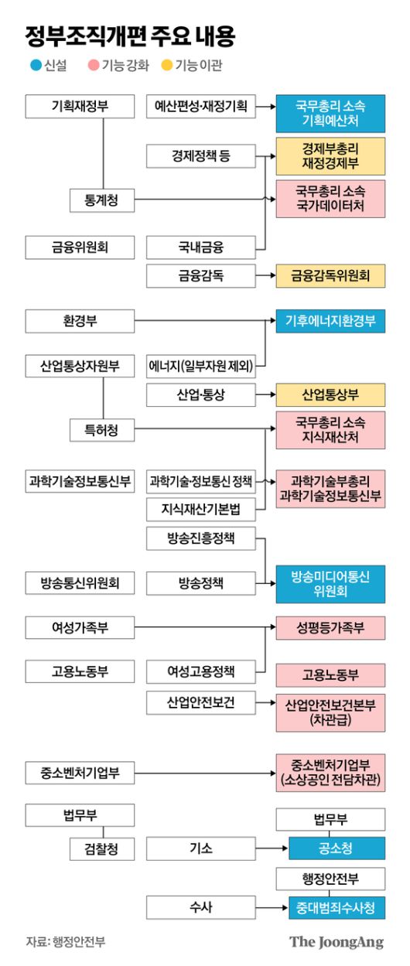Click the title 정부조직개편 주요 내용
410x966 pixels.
(130, 36)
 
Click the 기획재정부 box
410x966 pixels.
(80, 107)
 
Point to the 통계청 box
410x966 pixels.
(102, 200)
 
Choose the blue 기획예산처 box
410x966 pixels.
(330, 114)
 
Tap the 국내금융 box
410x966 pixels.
(200, 247)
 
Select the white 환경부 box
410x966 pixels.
(80, 321)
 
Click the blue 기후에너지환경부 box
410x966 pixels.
(330, 321)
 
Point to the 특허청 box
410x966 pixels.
(102, 429)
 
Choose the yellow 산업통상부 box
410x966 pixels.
(330, 394)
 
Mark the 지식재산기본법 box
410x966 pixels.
(200, 509)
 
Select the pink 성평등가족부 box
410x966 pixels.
(330, 627)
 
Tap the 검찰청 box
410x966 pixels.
(102, 848)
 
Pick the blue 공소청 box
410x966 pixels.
(337, 848)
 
